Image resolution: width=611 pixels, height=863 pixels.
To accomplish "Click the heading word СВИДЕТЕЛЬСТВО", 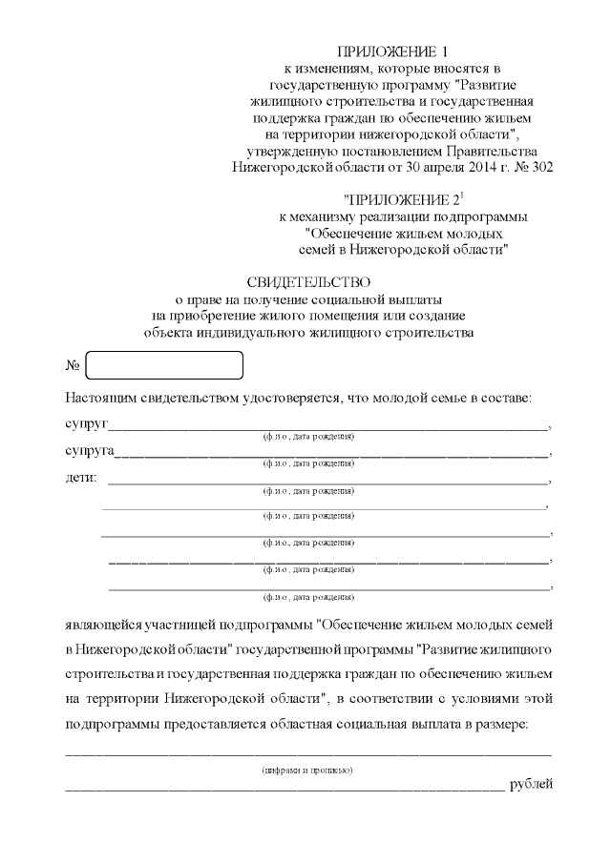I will pos(306,282).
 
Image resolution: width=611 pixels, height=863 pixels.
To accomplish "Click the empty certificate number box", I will pos(165,366).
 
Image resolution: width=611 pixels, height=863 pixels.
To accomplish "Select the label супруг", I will pos(86,421).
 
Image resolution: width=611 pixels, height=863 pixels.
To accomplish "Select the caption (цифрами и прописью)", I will pos(307,769).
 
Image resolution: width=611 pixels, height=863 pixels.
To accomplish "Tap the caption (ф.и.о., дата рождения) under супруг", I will pos(308,436).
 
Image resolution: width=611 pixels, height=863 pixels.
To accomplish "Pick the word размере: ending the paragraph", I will pos(496,724).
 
